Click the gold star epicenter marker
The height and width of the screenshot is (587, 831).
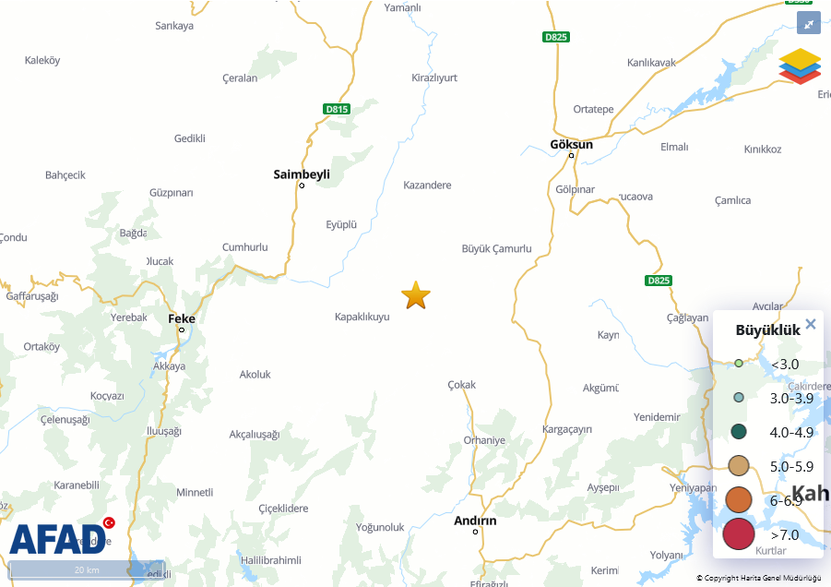tap(416, 295)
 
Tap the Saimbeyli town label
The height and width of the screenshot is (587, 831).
tap(302, 174)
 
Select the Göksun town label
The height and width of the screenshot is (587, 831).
tap(571, 144)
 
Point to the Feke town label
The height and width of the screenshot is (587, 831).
tap(182, 318)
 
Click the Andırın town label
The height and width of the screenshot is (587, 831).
tap(475, 521)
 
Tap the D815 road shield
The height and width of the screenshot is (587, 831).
tap(338, 109)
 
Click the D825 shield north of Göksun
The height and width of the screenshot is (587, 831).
tap(556, 37)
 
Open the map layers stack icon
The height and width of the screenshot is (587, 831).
tap(800, 66)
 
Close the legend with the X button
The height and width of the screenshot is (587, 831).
tap(811, 324)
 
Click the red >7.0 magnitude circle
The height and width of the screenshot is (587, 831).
tap(739, 533)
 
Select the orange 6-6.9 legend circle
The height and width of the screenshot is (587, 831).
tap(739, 499)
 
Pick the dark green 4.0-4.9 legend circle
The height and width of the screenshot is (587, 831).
tap(738, 431)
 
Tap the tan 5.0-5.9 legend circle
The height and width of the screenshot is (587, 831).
tap(738, 465)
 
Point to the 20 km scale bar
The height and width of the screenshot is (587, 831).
tap(87, 569)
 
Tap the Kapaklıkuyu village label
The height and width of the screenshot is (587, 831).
tap(362, 317)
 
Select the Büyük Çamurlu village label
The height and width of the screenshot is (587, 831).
tap(496, 248)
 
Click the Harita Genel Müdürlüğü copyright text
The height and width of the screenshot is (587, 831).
tap(758, 578)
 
